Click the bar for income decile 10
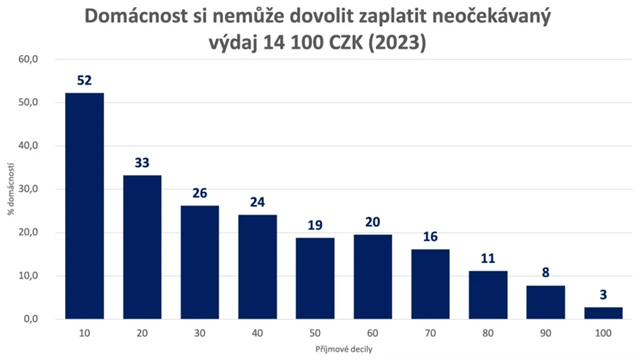click(85, 205)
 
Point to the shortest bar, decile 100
click(604, 313)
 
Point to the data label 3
click(604, 296)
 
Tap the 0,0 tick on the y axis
click(30, 319)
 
